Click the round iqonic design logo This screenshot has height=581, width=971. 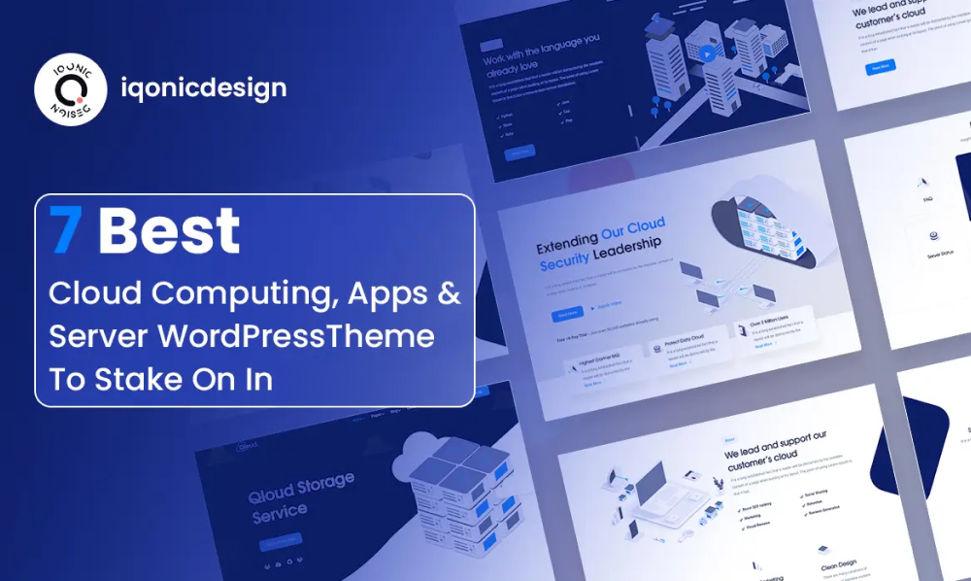tap(70, 89)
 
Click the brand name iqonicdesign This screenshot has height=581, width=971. tap(204, 88)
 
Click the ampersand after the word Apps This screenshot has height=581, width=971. tap(449, 293)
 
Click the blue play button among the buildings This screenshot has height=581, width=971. tap(708, 54)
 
